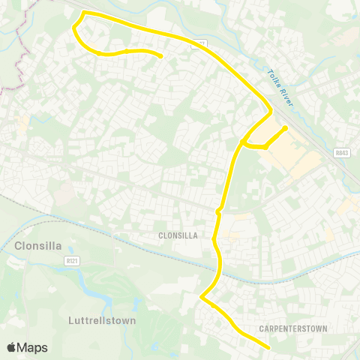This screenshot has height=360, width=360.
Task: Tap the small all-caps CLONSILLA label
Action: click(178, 235)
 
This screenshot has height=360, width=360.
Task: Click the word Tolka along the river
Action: click(273, 76)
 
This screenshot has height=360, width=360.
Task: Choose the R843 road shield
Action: click(341, 151)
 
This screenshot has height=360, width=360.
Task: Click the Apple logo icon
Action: click(12, 348)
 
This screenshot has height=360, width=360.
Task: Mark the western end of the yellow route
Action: click(161, 55)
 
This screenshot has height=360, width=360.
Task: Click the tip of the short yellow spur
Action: click(286, 128)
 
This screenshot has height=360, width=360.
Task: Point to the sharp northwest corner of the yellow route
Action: click(82, 13)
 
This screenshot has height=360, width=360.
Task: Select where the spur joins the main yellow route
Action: click(243, 142)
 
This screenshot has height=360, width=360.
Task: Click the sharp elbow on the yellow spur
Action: click(266, 146)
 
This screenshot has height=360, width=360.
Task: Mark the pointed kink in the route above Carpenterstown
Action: click(201, 298)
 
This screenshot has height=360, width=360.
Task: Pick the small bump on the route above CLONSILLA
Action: click(218, 212)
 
